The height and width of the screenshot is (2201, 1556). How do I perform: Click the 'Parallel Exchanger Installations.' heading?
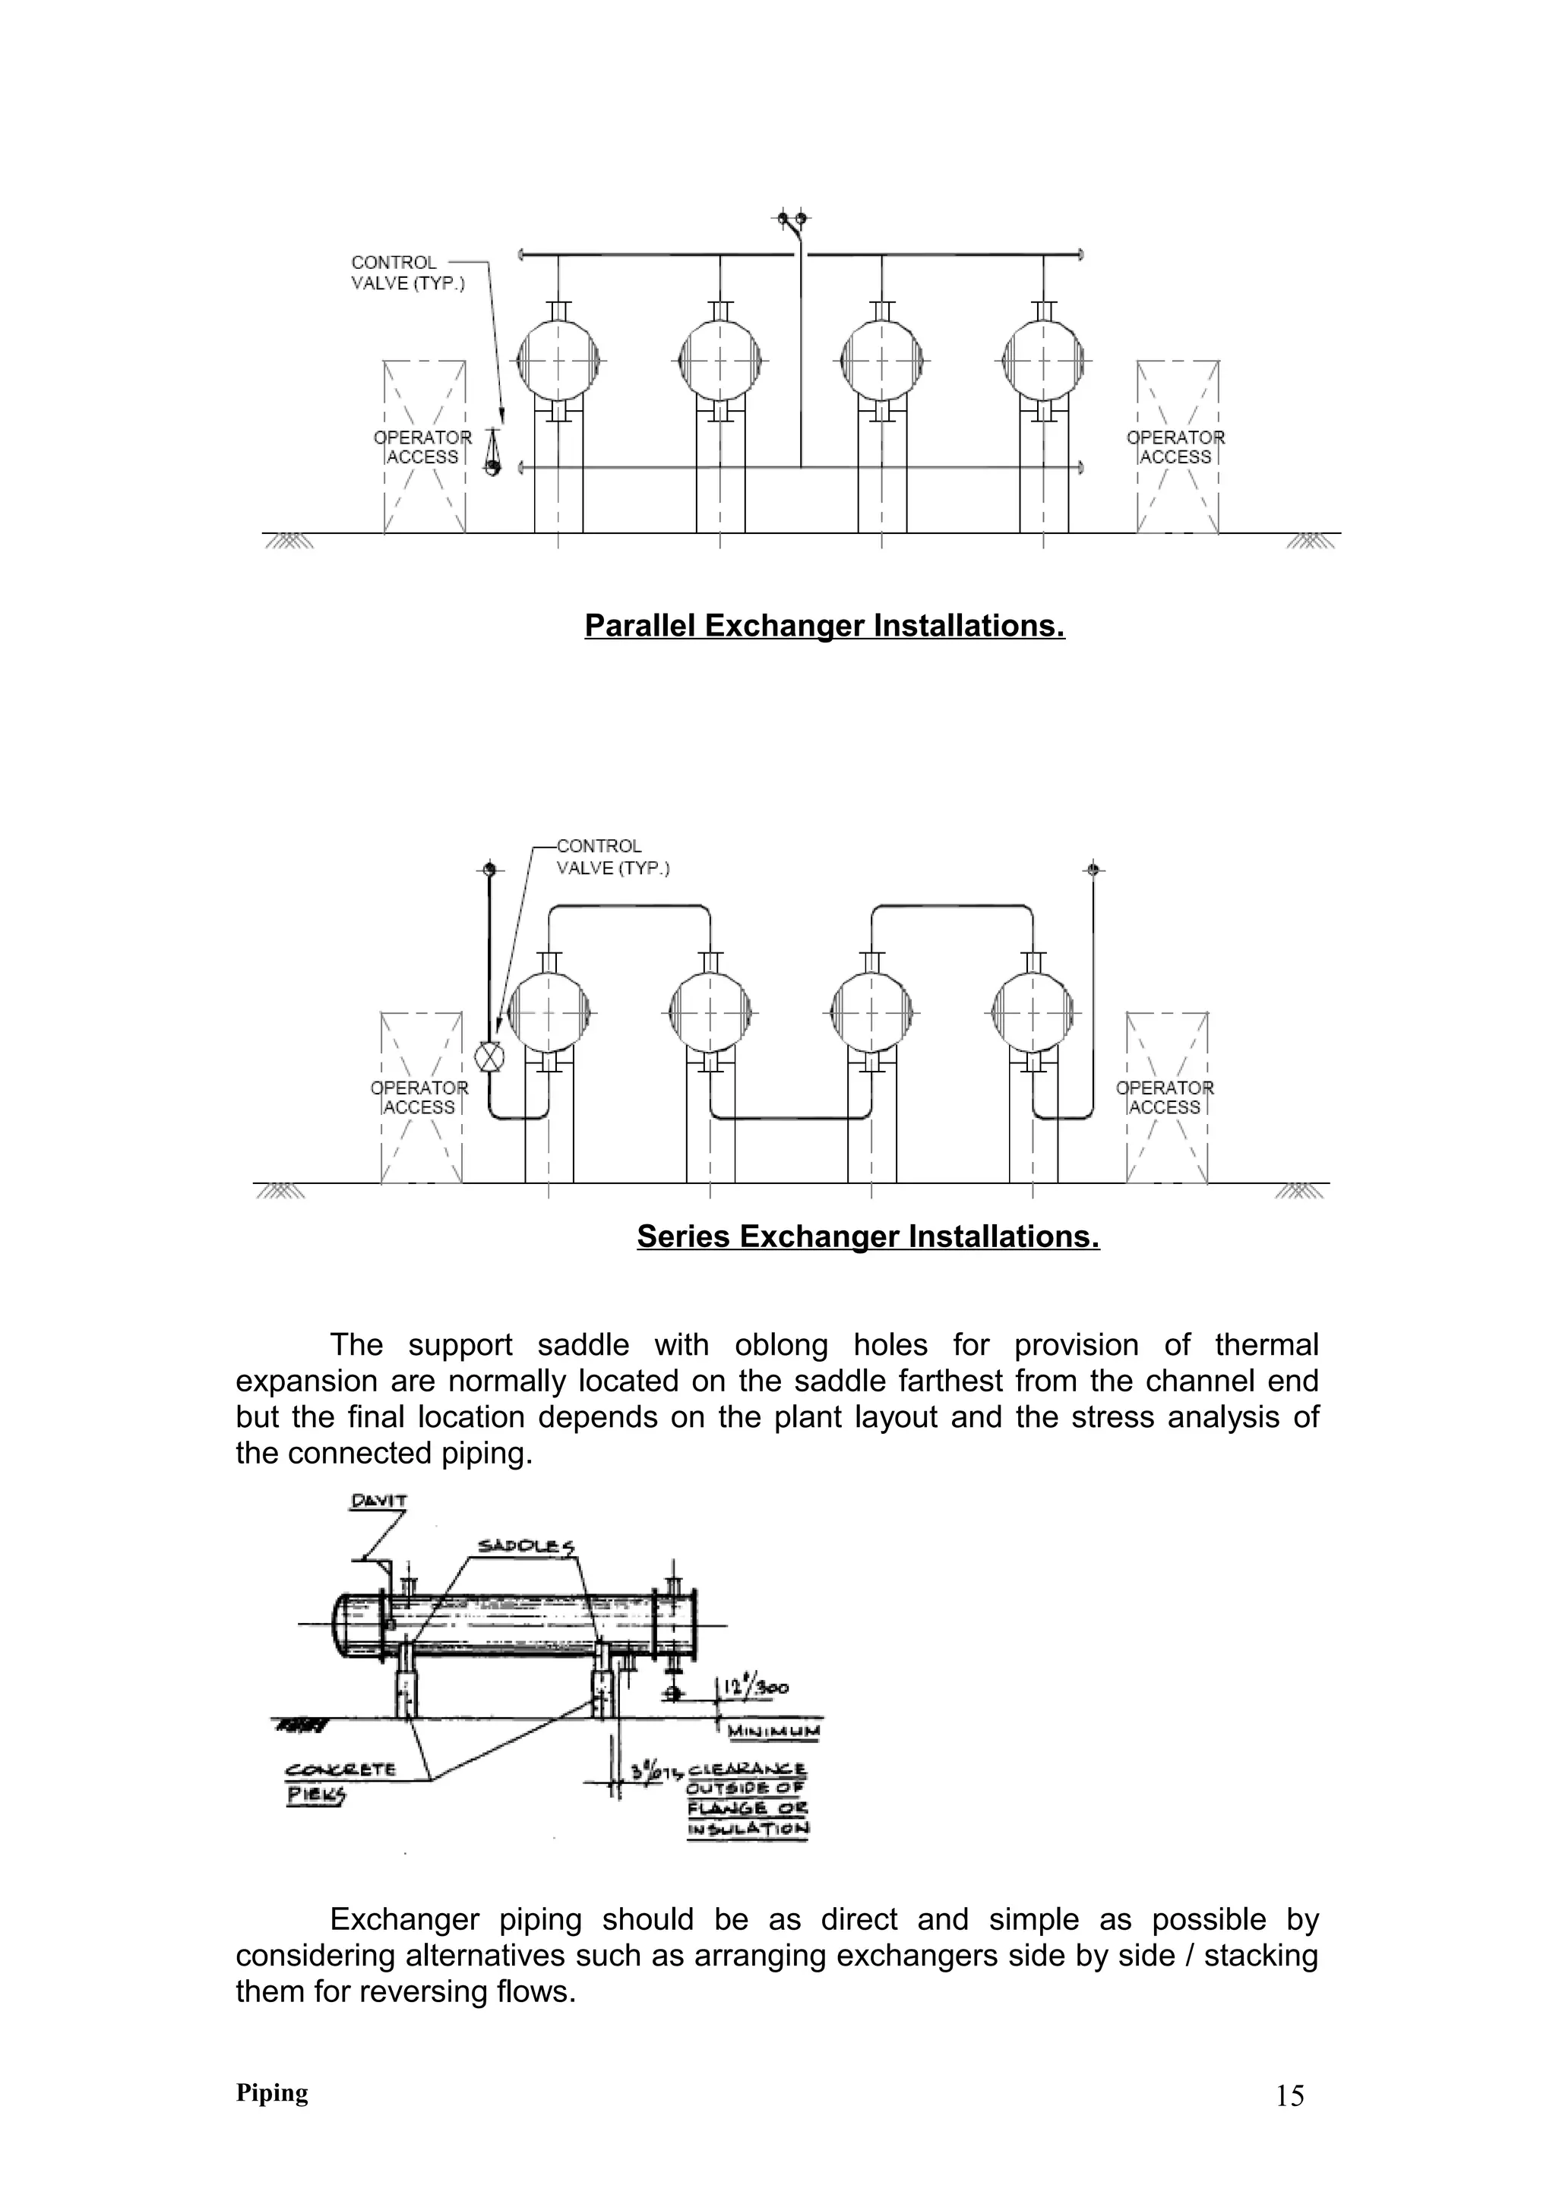(x=824, y=626)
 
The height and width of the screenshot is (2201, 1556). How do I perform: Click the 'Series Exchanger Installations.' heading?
(x=868, y=1236)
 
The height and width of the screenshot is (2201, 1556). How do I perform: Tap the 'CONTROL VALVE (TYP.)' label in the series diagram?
(x=612, y=857)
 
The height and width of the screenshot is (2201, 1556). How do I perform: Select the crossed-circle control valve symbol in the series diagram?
(x=489, y=1057)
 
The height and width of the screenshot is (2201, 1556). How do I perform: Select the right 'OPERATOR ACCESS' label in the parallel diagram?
(x=1175, y=447)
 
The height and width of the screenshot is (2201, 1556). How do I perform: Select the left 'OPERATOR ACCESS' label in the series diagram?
(x=419, y=1097)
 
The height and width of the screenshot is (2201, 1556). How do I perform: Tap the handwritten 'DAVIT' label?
(x=378, y=1502)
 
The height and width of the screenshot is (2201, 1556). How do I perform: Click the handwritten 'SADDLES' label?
(x=527, y=1546)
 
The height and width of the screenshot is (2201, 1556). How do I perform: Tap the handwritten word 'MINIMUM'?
(x=773, y=1732)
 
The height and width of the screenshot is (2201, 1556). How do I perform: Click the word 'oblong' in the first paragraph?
(x=781, y=1345)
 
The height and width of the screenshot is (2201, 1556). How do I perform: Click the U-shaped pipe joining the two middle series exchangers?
(x=791, y=1116)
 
